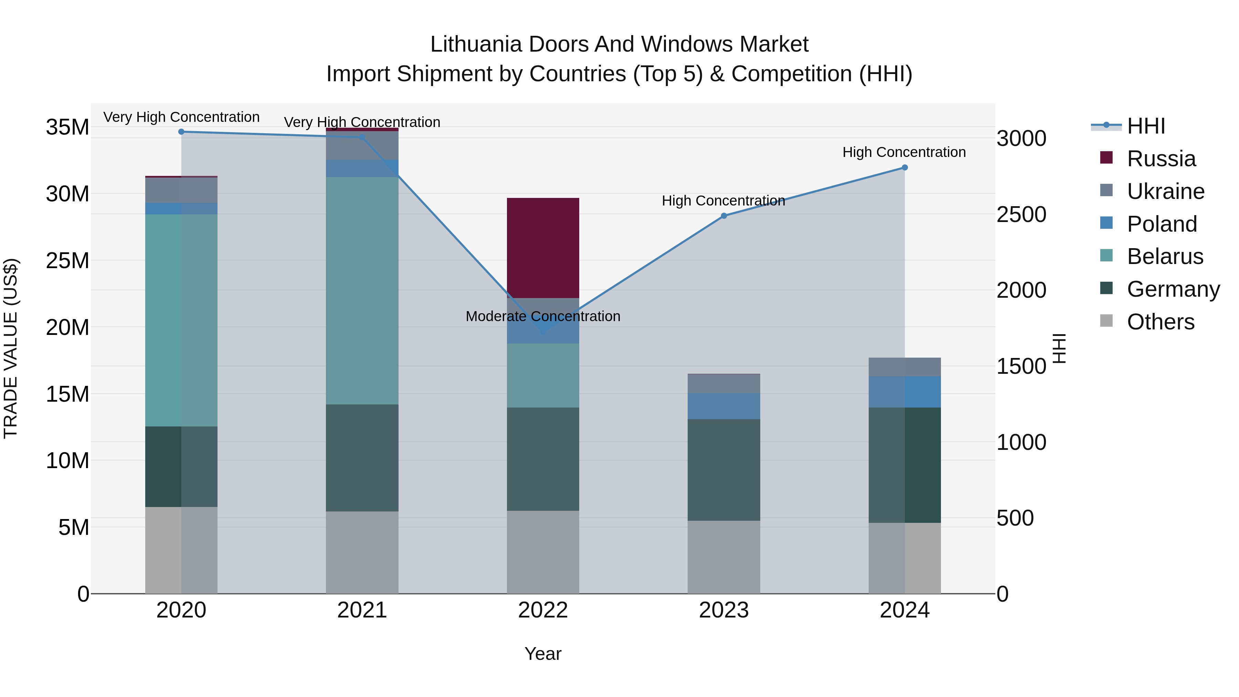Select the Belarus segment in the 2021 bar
coord(362,291)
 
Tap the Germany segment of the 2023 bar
coord(723,469)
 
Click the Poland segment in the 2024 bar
coord(904,392)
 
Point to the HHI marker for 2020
coord(181,132)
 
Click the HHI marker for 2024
coord(904,167)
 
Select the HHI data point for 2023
coord(723,216)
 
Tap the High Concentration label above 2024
coord(904,152)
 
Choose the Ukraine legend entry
coord(1165,191)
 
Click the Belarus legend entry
coord(1164,256)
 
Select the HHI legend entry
coord(1146,126)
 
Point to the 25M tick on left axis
coord(67,261)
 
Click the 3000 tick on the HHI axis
coord(1021,138)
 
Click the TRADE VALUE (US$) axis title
coord(11,348)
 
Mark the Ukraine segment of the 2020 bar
coord(181,190)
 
